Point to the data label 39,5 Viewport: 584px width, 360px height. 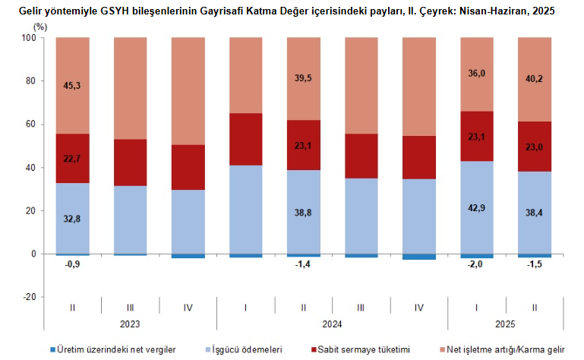pos(304,77)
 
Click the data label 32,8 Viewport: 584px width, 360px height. pos(73,218)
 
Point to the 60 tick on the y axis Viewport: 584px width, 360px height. pos(30,124)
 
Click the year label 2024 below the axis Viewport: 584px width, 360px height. pos(333,324)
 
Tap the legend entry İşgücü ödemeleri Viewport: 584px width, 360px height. pos(247,349)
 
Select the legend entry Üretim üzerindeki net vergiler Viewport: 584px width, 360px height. pos(117,349)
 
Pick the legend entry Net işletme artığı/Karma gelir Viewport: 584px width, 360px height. pos(506,349)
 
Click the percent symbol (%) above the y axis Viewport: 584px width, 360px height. pos(41,26)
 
